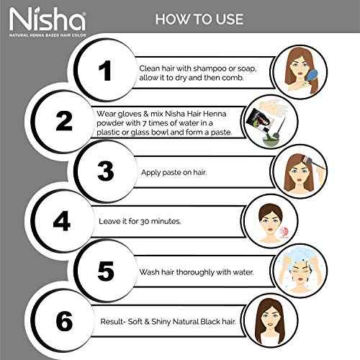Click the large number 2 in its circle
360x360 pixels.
point(64,121)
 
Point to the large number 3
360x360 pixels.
point(106,171)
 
